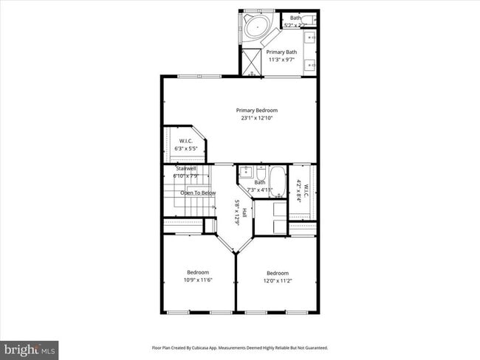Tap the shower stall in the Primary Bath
(253, 62)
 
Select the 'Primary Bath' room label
(281, 52)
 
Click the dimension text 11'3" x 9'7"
(281, 60)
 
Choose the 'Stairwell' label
(185, 168)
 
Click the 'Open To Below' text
(198, 193)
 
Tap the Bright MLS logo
(30, 348)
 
